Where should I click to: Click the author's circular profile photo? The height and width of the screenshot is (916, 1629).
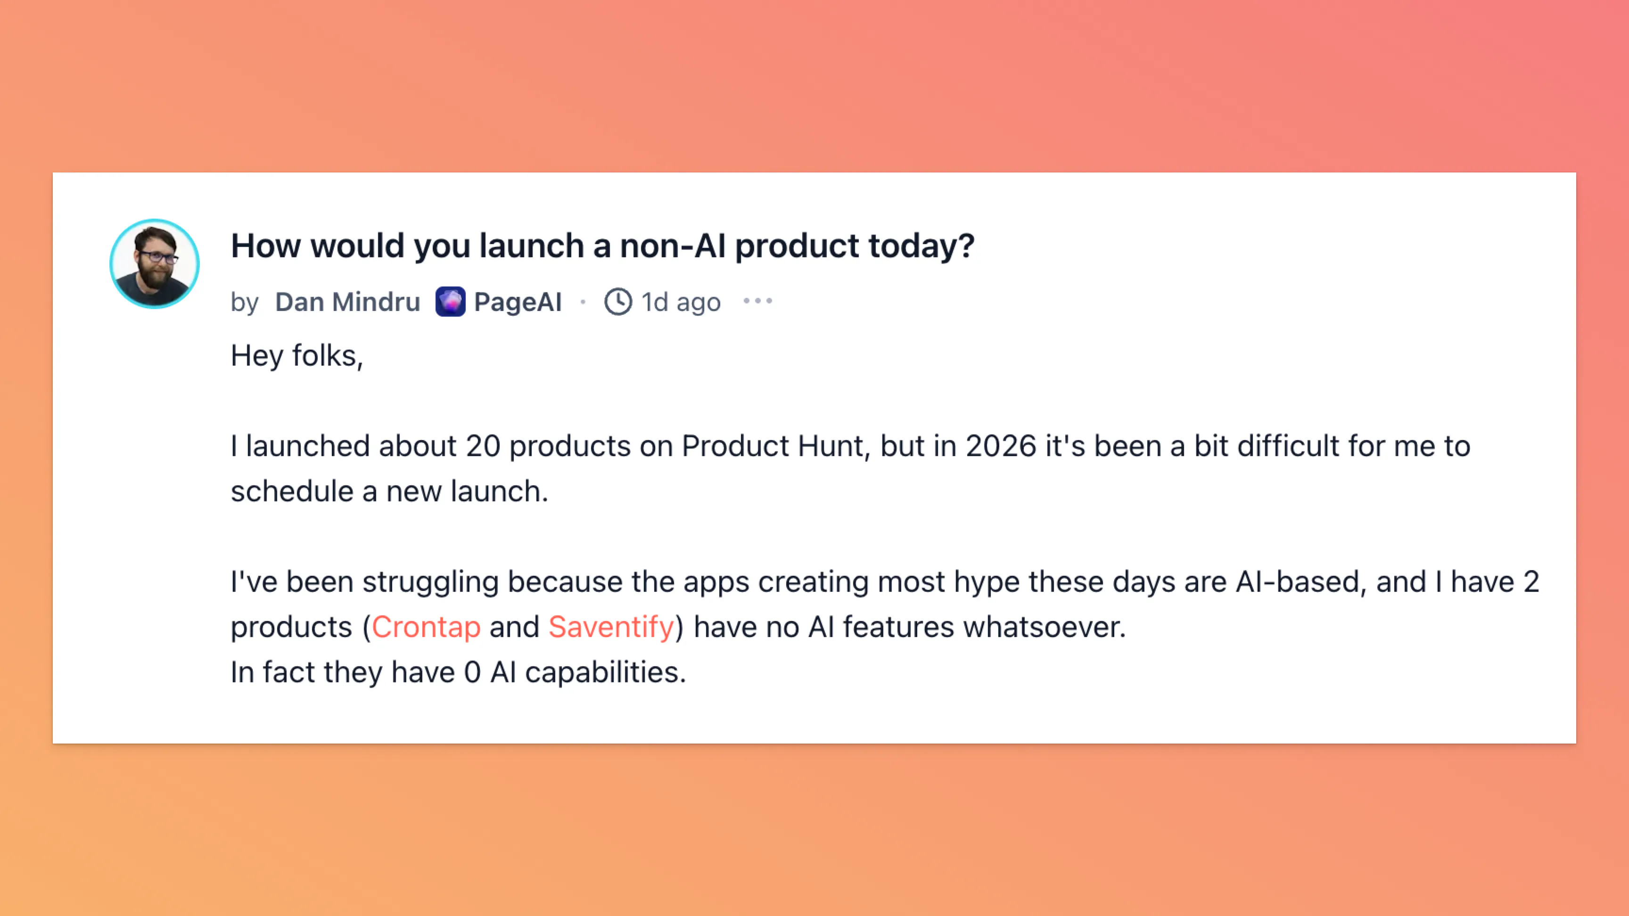click(154, 263)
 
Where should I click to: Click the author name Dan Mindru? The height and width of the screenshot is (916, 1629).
click(347, 302)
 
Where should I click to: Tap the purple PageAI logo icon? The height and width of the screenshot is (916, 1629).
click(450, 302)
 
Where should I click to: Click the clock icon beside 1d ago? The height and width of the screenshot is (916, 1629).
click(618, 302)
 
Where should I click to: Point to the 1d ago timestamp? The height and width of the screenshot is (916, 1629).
click(681, 302)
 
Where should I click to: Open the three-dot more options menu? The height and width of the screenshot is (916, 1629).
click(757, 301)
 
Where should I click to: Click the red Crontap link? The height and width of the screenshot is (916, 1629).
click(426, 627)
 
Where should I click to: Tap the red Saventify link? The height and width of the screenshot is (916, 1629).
click(611, 627)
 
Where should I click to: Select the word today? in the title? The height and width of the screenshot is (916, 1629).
click(921, 246)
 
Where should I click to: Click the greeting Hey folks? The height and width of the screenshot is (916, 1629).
click(296, 355)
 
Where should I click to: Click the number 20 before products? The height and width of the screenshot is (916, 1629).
click(483, 446)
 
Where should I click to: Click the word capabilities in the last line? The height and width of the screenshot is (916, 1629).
click(605, 672)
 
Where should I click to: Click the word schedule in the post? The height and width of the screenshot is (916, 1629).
click(291, 491)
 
